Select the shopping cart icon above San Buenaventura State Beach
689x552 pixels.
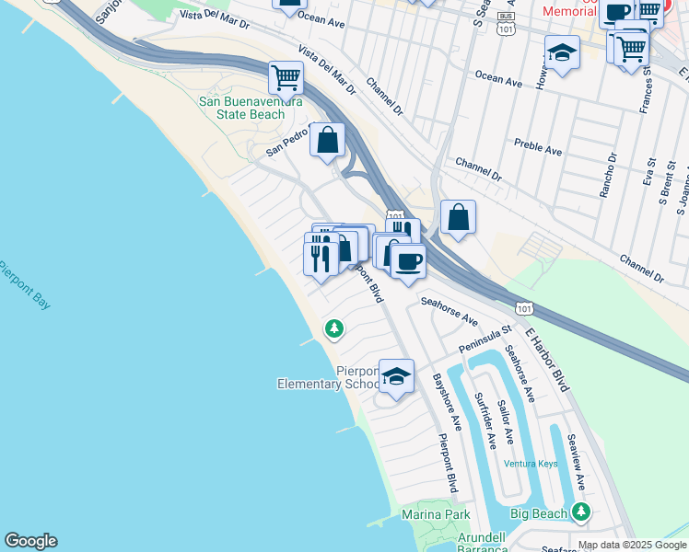click(x=286, y=77)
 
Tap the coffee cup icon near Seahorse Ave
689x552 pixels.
click(x=408, y=260)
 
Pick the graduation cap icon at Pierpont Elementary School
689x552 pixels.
click(x=396, y=376)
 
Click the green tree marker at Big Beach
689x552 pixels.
click(x=580, y=512)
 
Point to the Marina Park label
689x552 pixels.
click(x=436, y=514)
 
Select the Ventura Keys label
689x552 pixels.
click(x=531, y=464)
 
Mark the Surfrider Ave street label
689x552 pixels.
click(x=485, y=420)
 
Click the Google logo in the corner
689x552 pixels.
click(x=30, y=541)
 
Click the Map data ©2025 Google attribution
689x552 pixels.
click(x=633, y=545)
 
